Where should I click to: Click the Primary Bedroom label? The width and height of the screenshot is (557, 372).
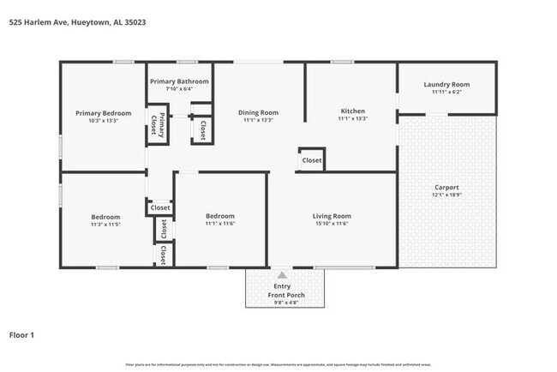(103, 113)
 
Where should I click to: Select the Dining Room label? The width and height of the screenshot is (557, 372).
(258, 112)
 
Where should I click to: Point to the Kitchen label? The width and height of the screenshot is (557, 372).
(353, 111)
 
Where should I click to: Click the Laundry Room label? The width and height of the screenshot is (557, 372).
(446, 84)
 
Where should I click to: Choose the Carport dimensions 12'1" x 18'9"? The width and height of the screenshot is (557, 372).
(446, 195)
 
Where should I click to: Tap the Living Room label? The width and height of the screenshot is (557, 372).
(332, 216)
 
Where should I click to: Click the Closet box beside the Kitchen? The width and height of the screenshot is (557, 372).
(312, 160)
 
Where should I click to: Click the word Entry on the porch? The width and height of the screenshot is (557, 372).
(282, 286)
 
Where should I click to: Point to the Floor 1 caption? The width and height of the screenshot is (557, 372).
(21, 335)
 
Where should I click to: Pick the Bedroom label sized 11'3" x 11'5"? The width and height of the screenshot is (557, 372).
(106, 217)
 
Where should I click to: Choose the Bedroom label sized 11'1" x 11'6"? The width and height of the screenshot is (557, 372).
(220, 216)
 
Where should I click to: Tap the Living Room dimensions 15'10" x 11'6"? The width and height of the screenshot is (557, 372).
(332, 224)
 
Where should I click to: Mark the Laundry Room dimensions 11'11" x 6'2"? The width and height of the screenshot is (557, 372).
(446, 92)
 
